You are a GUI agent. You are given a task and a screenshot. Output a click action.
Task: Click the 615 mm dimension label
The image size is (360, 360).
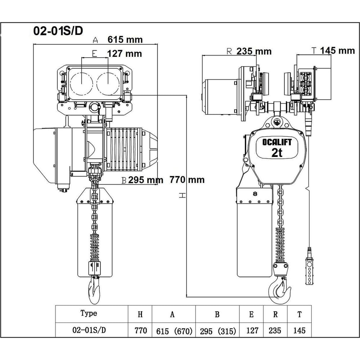point(125,40)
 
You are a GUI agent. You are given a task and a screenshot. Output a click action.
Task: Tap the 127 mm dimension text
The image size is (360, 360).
point(125,54)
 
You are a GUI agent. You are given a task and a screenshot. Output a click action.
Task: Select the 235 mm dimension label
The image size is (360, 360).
point(254,51)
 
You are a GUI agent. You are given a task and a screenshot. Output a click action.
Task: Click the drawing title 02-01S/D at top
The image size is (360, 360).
point(58,31)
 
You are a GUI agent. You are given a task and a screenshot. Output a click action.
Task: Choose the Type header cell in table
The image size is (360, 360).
point(89,314)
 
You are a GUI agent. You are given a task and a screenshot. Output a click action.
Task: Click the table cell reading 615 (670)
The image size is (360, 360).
point(172,330)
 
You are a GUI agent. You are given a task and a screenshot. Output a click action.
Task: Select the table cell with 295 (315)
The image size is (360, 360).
point(217,330)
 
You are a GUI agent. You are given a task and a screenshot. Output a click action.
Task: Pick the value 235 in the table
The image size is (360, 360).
point(275,330)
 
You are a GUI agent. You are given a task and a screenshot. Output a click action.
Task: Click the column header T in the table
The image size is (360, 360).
point(299,314)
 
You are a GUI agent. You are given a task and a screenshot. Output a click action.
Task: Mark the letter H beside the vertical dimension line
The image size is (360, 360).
point(183,195)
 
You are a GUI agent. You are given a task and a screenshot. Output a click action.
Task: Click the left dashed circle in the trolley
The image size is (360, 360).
point(81,83)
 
